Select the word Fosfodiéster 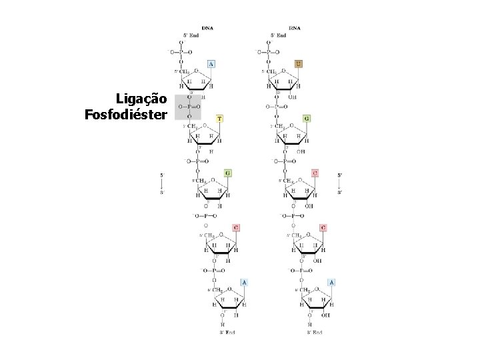coord(126,115)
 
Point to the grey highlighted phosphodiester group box coord(187,107)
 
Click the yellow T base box coord(219,119)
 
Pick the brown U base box coord(298,64)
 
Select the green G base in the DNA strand coord(227,173)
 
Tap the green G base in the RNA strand coord(306,119)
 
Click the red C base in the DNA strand coord(235,227)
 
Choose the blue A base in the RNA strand coord(331,283)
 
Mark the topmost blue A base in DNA coord(211,64)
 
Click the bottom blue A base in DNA coord(244,283)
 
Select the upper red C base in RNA coord(315,173)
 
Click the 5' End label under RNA coord(277,35)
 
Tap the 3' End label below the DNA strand coord(227,331)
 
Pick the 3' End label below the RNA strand coord(314,331)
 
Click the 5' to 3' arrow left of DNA coord(161,183)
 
